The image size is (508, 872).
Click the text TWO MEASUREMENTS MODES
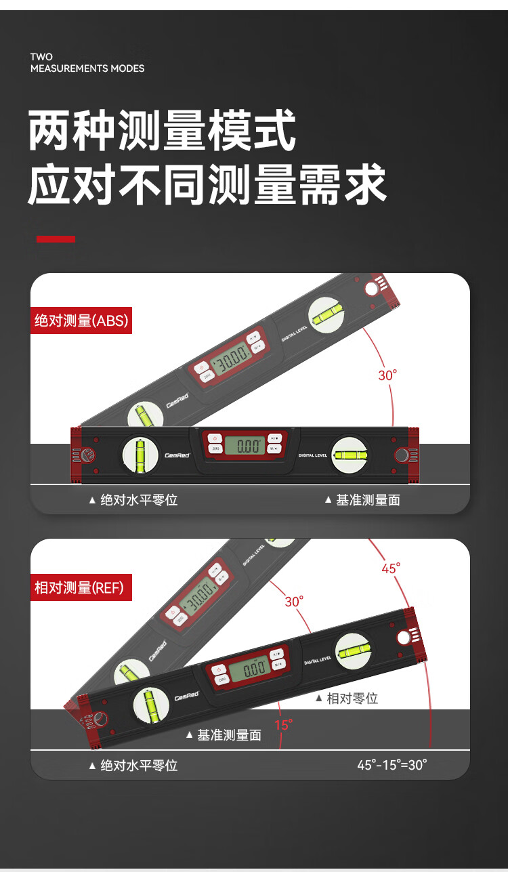(87, 62)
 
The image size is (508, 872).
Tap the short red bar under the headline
(56, 238)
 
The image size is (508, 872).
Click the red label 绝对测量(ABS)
(81, 320)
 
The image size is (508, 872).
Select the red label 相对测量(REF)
(81, 587)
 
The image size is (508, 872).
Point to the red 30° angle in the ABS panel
(387, 375)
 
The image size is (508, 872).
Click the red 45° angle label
(391, 568)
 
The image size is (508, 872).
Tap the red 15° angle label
(283, 725)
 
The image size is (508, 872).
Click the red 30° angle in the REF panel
(294, 601)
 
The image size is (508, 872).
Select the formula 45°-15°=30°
(392, 765)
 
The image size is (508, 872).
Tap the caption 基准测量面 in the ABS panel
(368, 500)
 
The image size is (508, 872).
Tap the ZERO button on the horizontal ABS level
(215, 449)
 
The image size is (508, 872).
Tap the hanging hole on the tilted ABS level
(371, 290)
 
